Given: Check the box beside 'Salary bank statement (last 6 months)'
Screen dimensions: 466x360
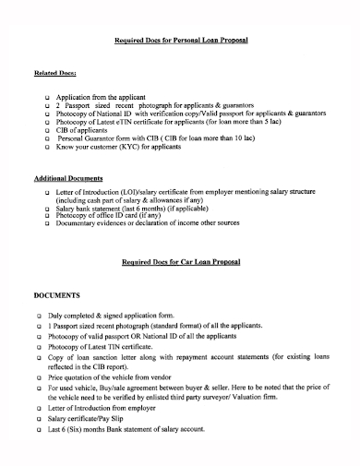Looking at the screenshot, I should (48, 209).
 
